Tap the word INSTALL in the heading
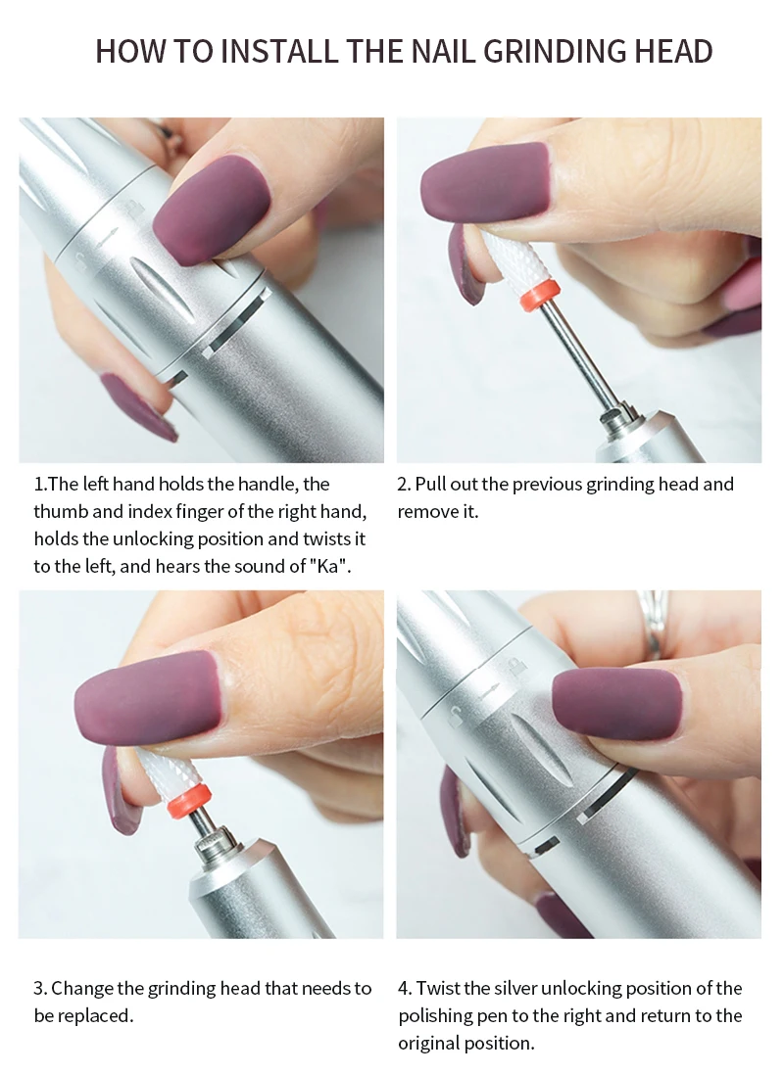pos(279,52)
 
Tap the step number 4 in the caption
pos(404,988)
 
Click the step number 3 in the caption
pos(40,988)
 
